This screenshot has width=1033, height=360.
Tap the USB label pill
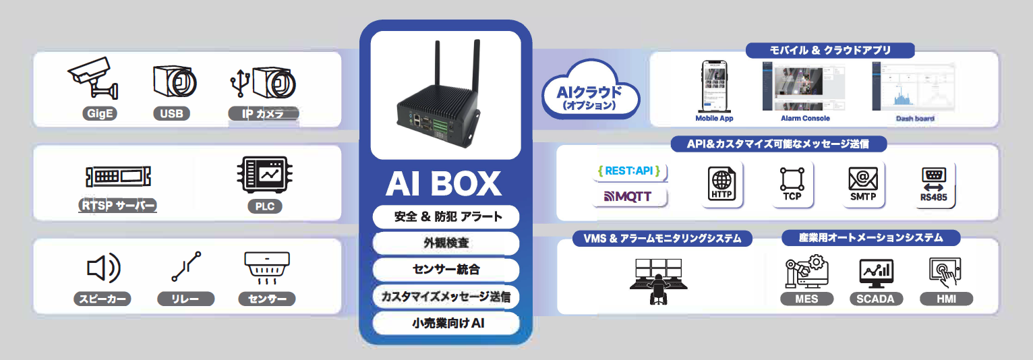[x=171, y=113]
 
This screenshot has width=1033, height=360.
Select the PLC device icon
[x=264, y=174]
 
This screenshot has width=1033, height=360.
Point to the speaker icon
[x=102, y=268]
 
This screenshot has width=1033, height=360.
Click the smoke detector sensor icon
[x=266, y=268]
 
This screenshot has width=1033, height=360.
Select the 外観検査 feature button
[x=445, y=243]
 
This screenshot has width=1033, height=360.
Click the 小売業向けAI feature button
[x=445, y=324]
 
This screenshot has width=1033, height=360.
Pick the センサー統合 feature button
[x=445, y=270]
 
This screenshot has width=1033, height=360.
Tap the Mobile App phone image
[x=714, y=86]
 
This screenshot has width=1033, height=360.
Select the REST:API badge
[x=628, y=171]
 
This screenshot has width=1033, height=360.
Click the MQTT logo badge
[x=628, y=197]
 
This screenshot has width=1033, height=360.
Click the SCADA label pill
[x=876, y=299]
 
